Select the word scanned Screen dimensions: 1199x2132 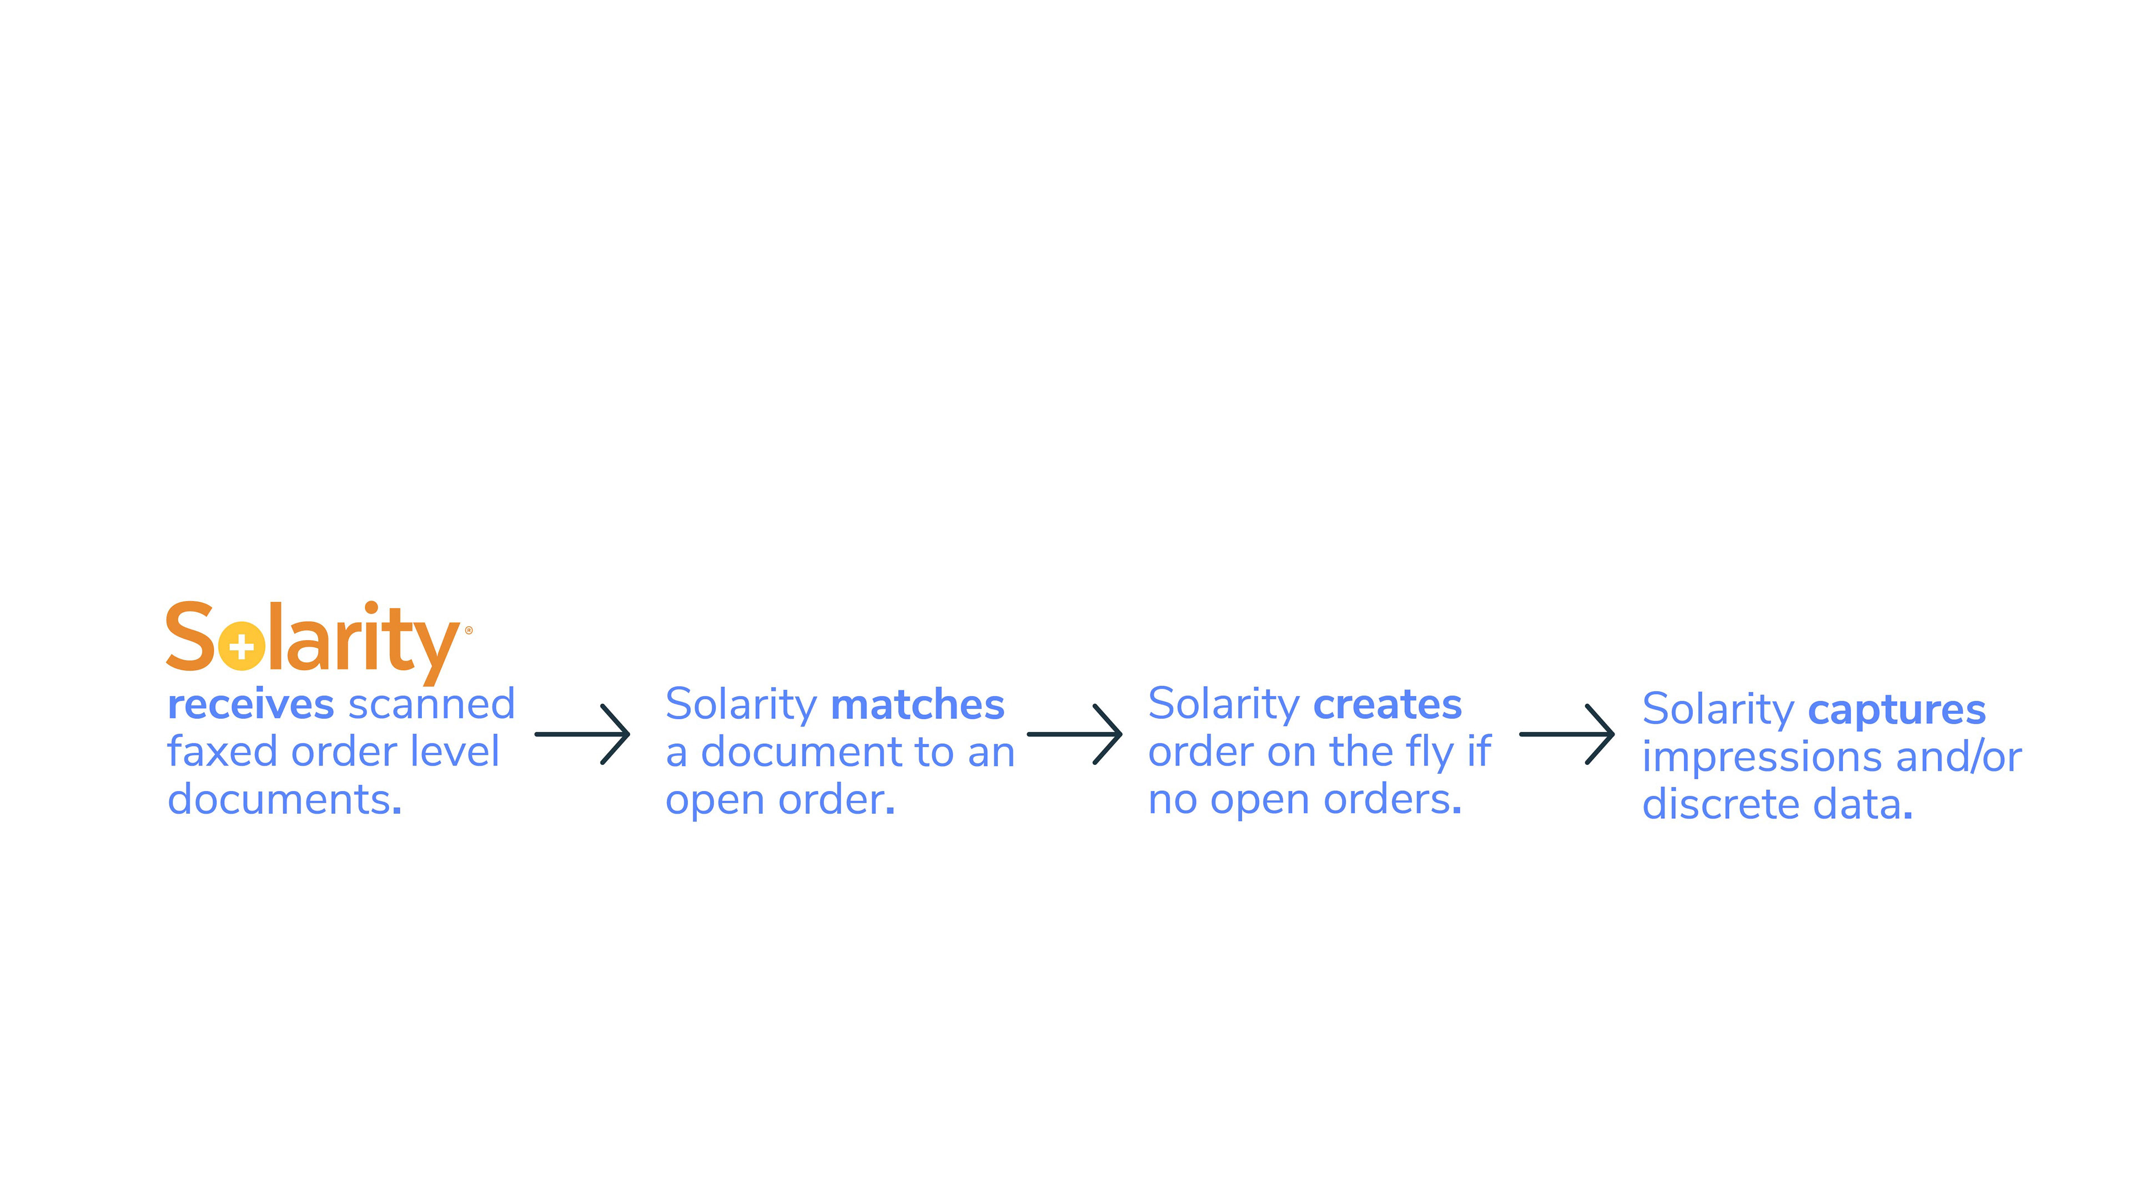pyautogui.click(x=431, y=705)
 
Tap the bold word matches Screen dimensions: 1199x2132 pyautogui.click(x=917, y=705)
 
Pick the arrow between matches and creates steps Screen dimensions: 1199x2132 pyautogui.click(x=1074, y=734)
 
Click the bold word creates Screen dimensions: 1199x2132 pyautogui.click(x=1387, y=704)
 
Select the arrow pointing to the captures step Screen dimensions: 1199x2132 pyautogui.click(x=1567, y=734)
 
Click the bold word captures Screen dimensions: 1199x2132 pyautogui.click(x=1896, y=710)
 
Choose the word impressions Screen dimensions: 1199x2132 pyautogui.click(x=1762, y=757)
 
